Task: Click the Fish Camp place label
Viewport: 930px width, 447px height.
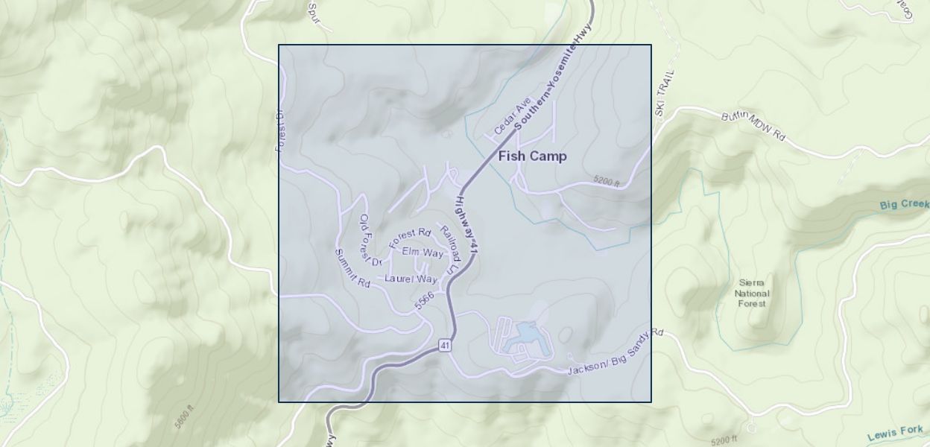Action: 532,156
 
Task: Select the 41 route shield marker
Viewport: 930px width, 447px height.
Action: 445,345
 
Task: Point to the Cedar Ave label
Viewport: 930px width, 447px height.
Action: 512,115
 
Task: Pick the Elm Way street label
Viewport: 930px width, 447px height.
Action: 423,253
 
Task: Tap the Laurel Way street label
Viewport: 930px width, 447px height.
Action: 411,279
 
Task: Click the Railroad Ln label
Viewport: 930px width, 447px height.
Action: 452,250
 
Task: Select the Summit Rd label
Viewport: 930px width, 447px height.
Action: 352,269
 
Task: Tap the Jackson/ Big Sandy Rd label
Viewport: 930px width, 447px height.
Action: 616,352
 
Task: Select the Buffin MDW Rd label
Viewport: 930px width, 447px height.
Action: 753,127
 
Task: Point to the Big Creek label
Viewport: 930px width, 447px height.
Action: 904,205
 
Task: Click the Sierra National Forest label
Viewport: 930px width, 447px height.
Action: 752,293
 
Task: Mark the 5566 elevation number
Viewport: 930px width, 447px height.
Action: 425,300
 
